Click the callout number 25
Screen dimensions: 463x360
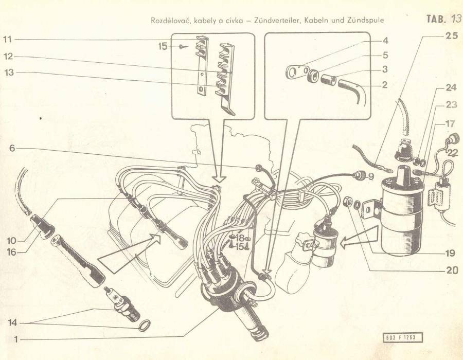tap(451, 36)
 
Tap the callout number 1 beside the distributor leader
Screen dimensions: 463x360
tap(16, 339)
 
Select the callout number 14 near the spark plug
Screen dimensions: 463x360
tap(12, 323)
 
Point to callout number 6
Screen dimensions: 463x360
tap(12, 148)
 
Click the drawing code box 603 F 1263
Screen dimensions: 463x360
tap(403, 337)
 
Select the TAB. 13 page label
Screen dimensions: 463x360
tap(444, 20)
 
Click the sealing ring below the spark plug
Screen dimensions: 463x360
tap(145, 326)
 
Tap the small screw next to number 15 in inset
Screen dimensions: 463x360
tap(183, 46)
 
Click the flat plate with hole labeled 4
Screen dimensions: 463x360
tap(296, 71)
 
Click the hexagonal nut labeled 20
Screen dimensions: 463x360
tap(348, 202)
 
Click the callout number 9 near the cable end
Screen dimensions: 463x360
tap(371, 176)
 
